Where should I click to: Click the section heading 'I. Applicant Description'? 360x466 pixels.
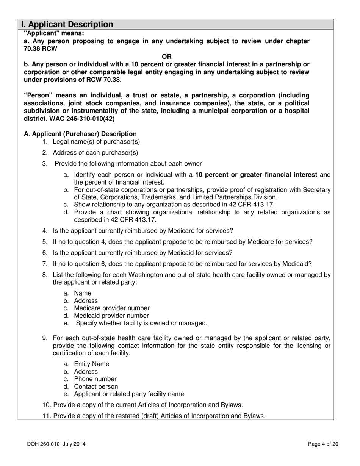click(67, 25)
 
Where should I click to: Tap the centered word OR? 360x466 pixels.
click(167, 56)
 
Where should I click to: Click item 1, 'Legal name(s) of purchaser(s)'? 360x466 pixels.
click(96, 142)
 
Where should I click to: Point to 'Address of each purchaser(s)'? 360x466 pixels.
click(95, 153)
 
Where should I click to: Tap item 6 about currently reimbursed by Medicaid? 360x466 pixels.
click(142, 253)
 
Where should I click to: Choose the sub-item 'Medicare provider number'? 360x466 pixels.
click(111, 308)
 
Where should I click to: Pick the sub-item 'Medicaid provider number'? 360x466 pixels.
click(111, 316)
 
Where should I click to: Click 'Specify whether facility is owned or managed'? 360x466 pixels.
click(141, 323)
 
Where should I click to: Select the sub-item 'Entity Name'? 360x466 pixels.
click(91, 364)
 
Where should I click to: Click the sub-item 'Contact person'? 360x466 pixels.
click(96, 386)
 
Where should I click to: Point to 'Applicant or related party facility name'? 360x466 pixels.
click(129, 394)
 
